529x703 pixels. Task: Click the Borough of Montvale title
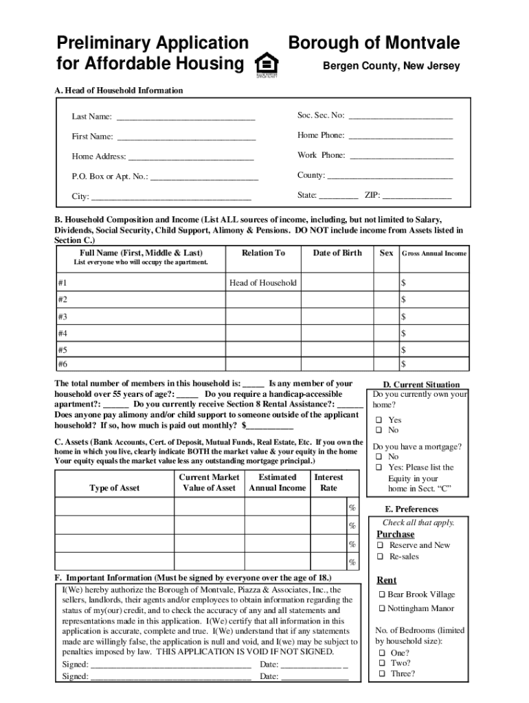[374, 44]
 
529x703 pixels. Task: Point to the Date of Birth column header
[337, 253]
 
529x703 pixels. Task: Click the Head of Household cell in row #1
[263, 283]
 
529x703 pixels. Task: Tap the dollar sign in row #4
[404, 334]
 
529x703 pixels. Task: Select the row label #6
[63, 364]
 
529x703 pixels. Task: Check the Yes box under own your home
[378, 420]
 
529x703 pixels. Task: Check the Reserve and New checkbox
[379, 546]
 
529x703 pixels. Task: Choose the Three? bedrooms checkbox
[381, 674]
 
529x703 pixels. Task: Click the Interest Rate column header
[328, 483]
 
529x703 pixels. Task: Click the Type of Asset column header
[114, 488]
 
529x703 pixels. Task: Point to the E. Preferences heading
[412, 509]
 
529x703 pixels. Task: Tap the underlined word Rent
[387, 580]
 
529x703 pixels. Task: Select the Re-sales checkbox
[379, 557]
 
